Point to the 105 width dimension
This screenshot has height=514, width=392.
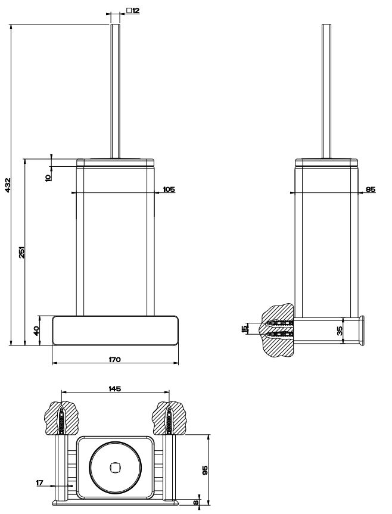(169, 189)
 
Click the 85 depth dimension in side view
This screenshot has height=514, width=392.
(371, 189)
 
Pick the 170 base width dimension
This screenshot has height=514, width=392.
(114, 359)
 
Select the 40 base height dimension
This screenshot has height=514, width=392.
(36, 330)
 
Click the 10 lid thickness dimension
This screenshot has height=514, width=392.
(48, 177)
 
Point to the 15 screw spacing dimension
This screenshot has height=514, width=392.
(244, 329)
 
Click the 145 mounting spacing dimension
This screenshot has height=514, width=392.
(115, 388)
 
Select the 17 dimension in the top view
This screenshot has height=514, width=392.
(40, 484)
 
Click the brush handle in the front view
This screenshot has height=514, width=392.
(116, 89)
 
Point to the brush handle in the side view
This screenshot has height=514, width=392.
(326, 89)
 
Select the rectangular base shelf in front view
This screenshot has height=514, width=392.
(114, 331)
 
